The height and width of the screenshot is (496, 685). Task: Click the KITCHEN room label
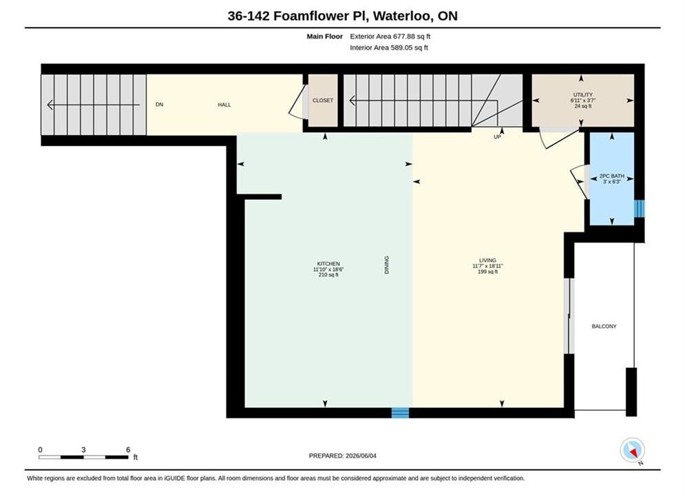(x=328, y=264)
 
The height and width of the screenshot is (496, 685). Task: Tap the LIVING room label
(x=487, y=260)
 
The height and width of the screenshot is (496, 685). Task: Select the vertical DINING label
(x=387, y=265)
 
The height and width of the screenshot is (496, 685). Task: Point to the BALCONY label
(x=604, y=327)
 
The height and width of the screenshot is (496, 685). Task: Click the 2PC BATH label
(x=611, y=176)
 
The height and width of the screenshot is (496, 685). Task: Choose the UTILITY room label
(x=583, y=95)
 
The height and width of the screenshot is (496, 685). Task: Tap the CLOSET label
(x=323, y=101)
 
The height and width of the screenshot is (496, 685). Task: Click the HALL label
(x=224, y=105)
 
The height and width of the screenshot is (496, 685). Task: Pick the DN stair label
(x=160, y=105)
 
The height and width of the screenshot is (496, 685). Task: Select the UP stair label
(x=497, y=137)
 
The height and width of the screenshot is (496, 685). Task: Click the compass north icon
(x=632, y=450)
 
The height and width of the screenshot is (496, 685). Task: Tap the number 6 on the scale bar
(x=128, y=449)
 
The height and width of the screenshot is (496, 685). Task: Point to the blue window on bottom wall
(x=400, y=413)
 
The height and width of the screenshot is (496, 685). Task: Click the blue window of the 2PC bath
(x=639, y=209)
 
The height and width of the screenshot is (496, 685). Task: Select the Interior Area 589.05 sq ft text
(x=389, y=48)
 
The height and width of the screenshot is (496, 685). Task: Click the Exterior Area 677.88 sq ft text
(x=390, y=37)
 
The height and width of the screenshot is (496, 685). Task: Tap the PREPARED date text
(x=343, y=456)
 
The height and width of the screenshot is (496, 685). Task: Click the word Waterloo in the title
(x=403, y=16)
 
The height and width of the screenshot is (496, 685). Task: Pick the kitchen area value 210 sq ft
(x=328, y=275)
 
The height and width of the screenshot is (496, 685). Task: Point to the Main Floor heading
(x=324, y=37)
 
